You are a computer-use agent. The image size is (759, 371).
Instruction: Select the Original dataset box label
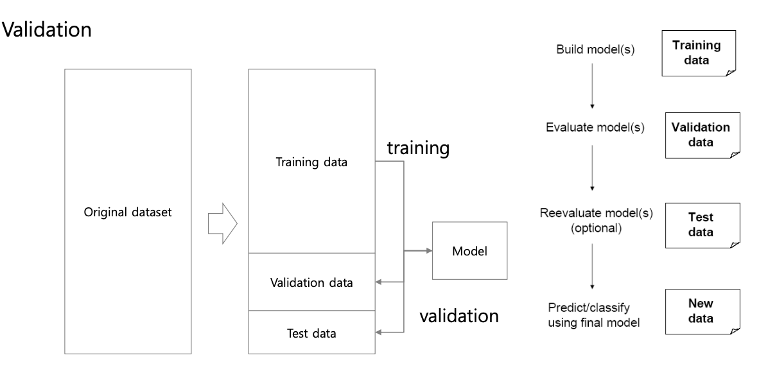click(128, 212)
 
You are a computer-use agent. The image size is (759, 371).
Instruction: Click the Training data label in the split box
click(311, 162)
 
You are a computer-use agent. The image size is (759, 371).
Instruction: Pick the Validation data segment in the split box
click(311, 282)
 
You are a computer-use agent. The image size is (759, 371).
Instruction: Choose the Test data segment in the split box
click(311, 332)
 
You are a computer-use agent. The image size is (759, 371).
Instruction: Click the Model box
click(469, 250)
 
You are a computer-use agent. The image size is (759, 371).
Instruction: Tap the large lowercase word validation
click(458, 316)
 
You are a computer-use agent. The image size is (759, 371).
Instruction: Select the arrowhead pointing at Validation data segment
click(379, 281)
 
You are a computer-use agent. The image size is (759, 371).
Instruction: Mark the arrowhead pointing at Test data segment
click(379, 332)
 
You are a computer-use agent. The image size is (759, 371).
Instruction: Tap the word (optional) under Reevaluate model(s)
click(596, 227)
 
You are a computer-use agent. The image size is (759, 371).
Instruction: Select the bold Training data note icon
click(695, 54)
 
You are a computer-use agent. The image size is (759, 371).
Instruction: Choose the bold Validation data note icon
click(701, 134)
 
